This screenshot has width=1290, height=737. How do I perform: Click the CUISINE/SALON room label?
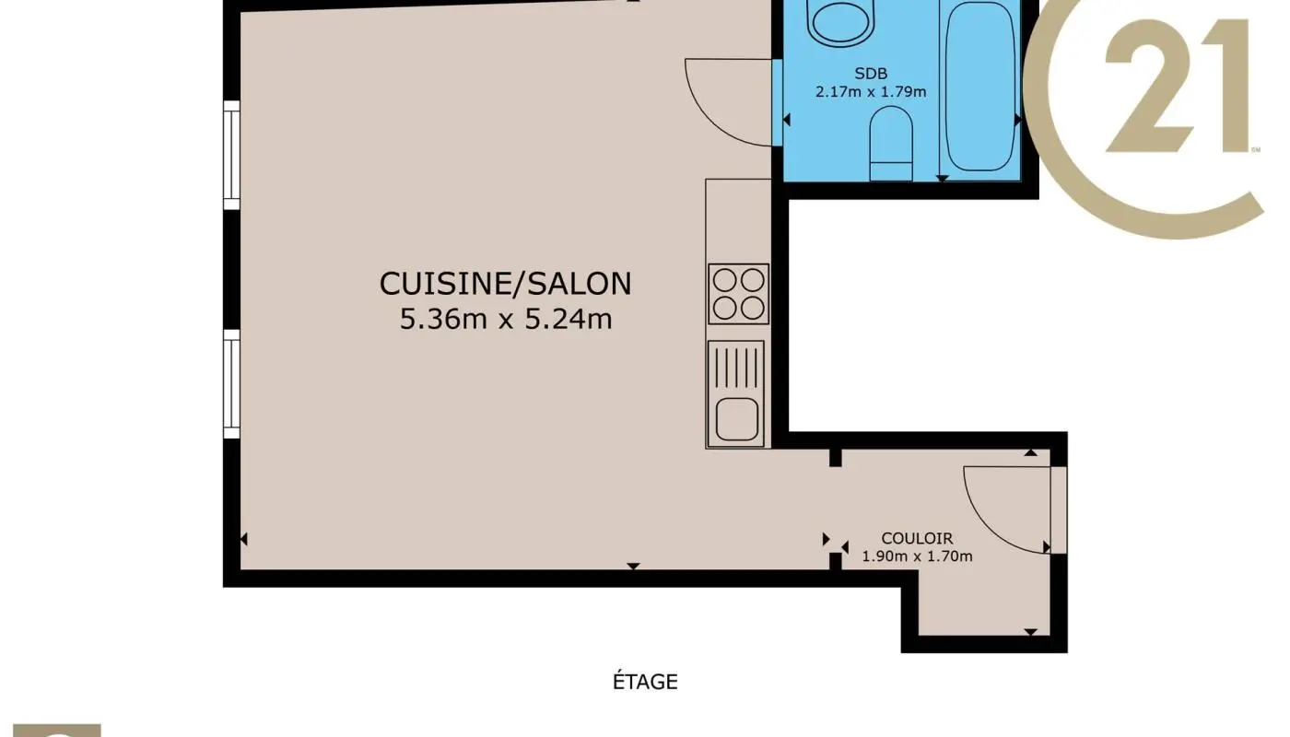[x=505, y=283]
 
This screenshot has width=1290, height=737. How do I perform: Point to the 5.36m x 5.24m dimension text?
[x=505, y=320]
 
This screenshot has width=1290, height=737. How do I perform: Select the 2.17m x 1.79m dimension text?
[x=871, y=91]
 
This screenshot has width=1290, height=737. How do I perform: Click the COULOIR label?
[x=917, y=539]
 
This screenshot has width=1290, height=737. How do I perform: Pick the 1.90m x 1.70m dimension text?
[x=917, y=556]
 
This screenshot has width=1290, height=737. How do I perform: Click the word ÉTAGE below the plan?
[x=645, y=683]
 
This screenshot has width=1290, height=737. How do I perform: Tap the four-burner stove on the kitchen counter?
[x=738, y=294]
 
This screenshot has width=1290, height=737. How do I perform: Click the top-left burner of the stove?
[x=724, y=280]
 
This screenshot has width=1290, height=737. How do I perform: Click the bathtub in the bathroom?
[x=980, y=88]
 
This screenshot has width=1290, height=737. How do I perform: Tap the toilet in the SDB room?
[x=890, y=143]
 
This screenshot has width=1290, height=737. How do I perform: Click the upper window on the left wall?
[x=231, y=155]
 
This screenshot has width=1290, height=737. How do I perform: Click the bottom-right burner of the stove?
[x=752, y=308]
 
